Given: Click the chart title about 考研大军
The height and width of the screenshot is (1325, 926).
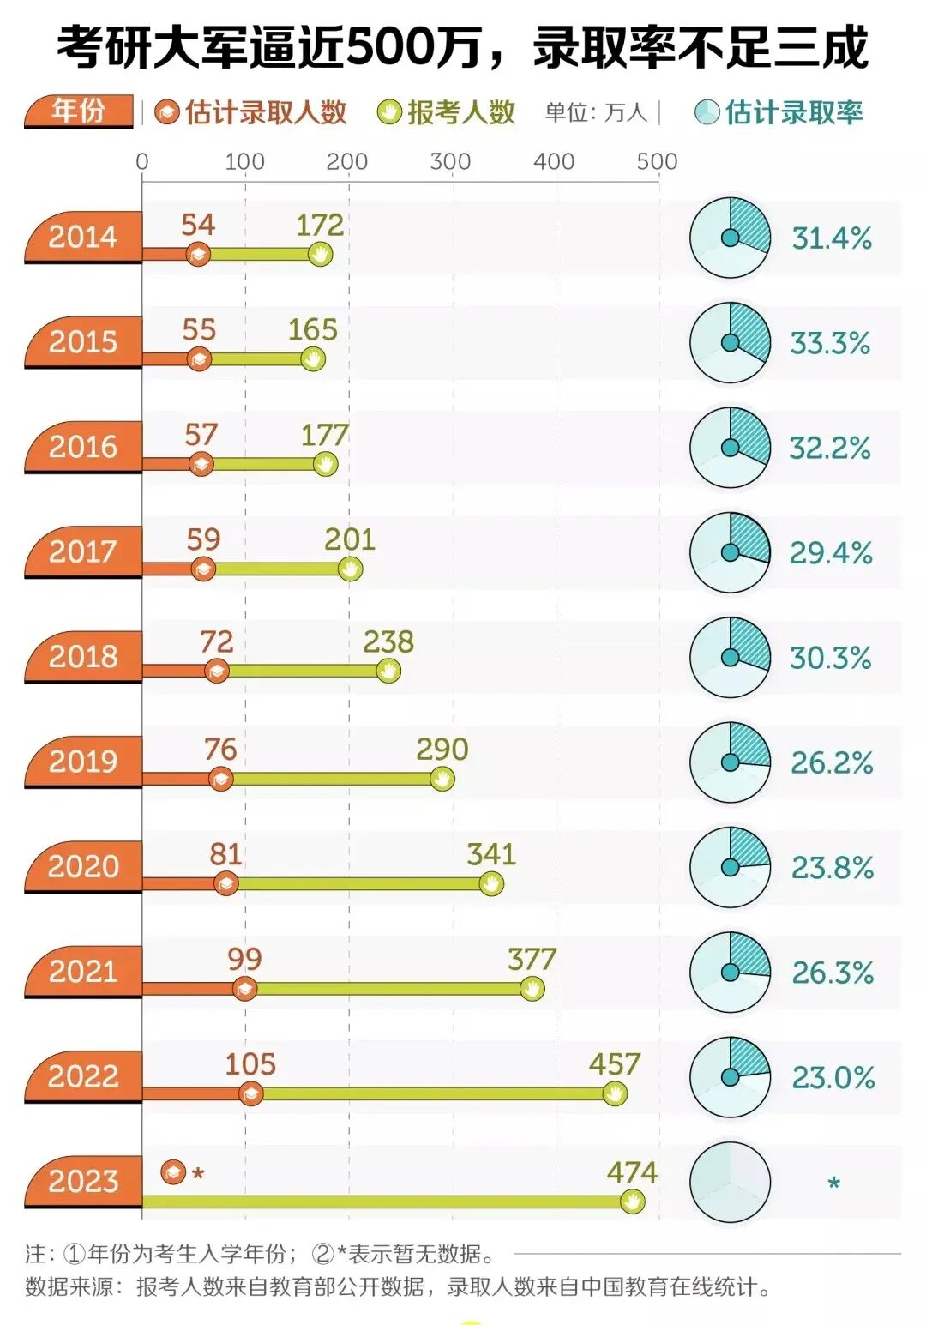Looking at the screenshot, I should coord(463,47).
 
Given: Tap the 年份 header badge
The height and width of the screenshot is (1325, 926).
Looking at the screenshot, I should coord(79,111).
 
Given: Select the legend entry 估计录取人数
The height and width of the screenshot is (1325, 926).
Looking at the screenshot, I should coord(252,112).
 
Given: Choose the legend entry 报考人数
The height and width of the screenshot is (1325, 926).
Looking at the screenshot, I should coord(447,112).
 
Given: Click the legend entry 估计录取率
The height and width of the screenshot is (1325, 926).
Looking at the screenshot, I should coord(779,112).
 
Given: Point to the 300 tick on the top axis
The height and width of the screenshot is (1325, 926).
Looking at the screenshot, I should coord(451,161).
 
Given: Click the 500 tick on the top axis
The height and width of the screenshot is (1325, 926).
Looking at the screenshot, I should coord(657,161).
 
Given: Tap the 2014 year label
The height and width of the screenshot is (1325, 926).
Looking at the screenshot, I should coord(83,237).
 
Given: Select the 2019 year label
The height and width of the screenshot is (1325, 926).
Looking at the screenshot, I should coord(83,762).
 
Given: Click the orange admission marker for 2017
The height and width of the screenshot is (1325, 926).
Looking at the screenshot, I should coord(203,569).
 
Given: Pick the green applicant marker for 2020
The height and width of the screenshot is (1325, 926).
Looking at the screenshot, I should coord(491,883).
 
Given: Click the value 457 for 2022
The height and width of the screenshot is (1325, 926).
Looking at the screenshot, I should coord(614,1064).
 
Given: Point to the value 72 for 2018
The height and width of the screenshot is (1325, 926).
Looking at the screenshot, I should coord(216,642).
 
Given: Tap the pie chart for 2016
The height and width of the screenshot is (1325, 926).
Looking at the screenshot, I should coord(730,448).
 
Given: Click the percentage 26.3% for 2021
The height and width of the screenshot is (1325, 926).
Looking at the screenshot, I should coord(832,973).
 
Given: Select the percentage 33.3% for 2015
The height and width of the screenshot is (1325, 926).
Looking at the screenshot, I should coord(830,343).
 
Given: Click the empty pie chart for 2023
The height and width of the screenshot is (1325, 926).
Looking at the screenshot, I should coord(730,1182).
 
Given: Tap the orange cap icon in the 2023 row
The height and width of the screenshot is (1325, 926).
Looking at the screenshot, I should coord(174,1171).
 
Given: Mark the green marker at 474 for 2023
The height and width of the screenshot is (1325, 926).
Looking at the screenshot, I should coord(632,1202).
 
